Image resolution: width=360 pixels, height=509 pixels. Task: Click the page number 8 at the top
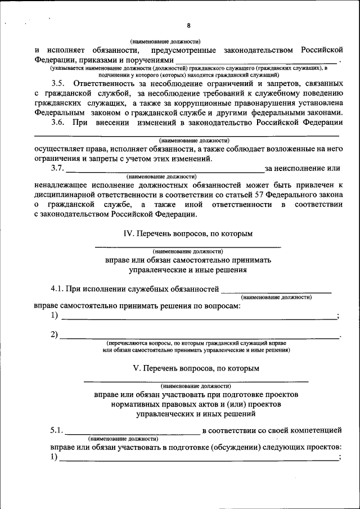coord(188,26)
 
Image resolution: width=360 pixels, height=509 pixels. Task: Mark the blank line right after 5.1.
coord(132,432)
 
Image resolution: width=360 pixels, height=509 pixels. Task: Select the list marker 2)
coord(54,335)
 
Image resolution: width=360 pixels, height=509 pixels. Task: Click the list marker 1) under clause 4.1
coord(54,316)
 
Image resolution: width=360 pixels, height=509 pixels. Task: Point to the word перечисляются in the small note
coord(128,343)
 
